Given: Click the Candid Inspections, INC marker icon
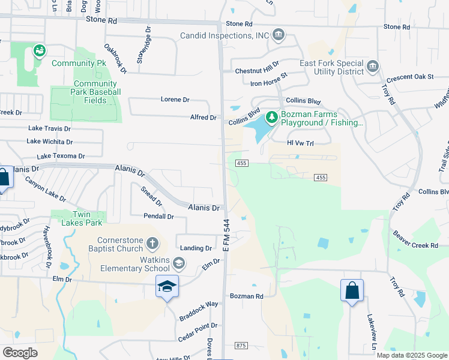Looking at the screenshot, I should pyautogui.click(x=278, y=35).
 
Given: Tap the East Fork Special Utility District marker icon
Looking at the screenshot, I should pyautogui.click(x=372, y=65).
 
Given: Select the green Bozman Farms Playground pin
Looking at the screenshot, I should pyautogui.click(x=272, y=116).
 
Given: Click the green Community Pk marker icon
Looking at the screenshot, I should pyautogui.click(x=40, y=51).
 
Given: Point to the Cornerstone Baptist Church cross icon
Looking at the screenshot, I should pyautogui.click(x=152, y=244).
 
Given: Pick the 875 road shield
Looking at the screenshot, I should pyautogui.click(x=241, y=345).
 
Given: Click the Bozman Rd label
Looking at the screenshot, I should pyautogui.click(x=247, y=296).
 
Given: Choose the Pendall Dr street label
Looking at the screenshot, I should pyautogui.click(x=158, y=216).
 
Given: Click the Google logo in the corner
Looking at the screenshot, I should pyautogui.click(x=20, y=353).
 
